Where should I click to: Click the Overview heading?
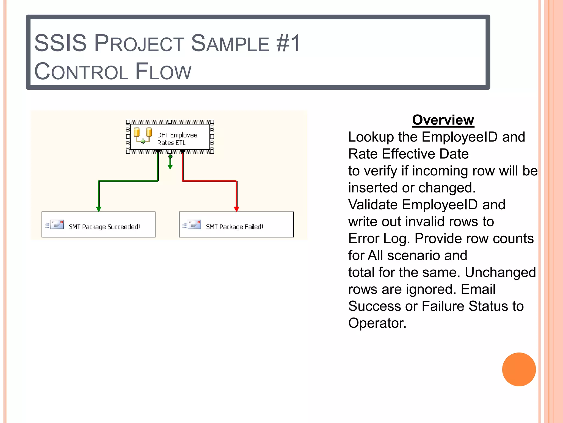[443, 120]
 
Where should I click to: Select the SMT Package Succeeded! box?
[98, 224]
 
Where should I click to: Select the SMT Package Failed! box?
[236, 224]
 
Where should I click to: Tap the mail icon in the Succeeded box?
[57, 225]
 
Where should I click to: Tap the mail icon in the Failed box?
[194, 225]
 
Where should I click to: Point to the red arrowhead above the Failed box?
[236, 209]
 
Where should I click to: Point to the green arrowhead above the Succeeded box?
[99, 209]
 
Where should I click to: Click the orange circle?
[519, 369]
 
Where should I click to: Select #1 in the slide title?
[289, 43]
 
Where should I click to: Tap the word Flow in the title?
[163, 72]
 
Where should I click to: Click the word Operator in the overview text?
[377, 323]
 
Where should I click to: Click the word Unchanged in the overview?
[500, 272]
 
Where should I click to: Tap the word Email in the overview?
[478, 289]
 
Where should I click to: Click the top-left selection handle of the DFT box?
[128, 122]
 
